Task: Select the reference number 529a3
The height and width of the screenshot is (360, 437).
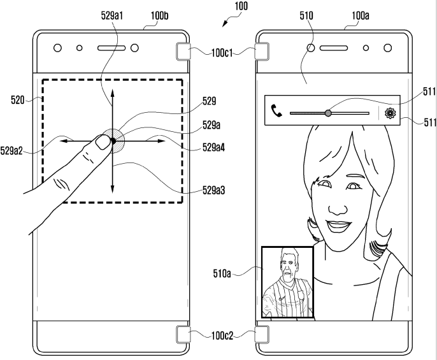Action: pos(215,191)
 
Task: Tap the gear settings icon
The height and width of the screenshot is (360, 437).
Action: pos(390,113)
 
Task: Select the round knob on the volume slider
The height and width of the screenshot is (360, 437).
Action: pos(327,113)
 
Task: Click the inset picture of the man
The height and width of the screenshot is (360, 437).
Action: pos(287,283)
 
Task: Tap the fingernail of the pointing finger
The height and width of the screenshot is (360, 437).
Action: pos(101,143)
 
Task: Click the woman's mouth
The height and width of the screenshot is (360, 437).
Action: pos(339,224)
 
